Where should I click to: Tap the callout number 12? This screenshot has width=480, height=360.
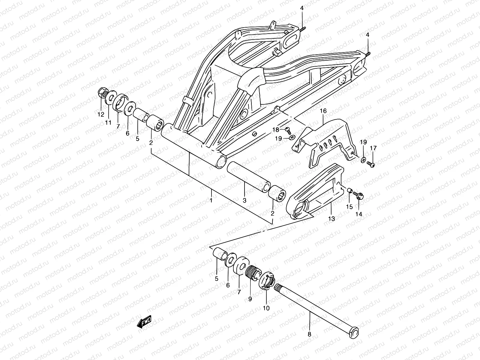click(100, 114)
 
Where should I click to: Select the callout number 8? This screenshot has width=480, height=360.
click(310, 343)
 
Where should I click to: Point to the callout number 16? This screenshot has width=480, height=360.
click(323, 111)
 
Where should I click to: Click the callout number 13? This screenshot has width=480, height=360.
click(331, 219)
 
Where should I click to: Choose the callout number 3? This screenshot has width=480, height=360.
click(244, 200)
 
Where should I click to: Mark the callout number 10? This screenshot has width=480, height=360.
click(266, 308)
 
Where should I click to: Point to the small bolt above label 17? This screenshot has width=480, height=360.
click(371, 164)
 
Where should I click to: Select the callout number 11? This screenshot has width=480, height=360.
click(108, 122)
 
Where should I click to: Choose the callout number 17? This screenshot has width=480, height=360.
click(373, 148)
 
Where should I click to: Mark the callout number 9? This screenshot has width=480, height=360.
click(250, 298)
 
